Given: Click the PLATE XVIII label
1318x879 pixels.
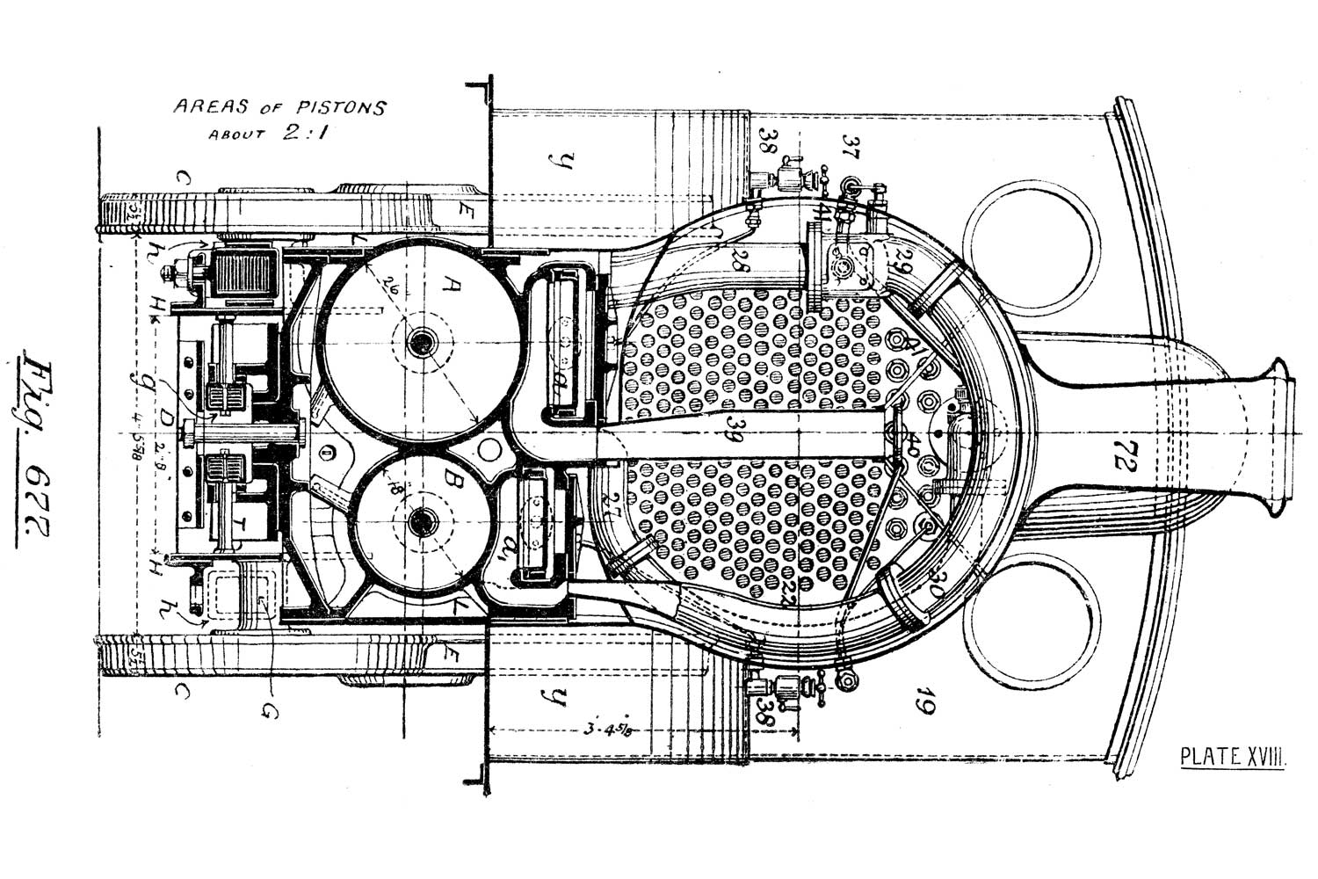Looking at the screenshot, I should (1233, 756).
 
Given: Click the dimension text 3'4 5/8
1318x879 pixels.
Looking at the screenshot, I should (607, 729).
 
